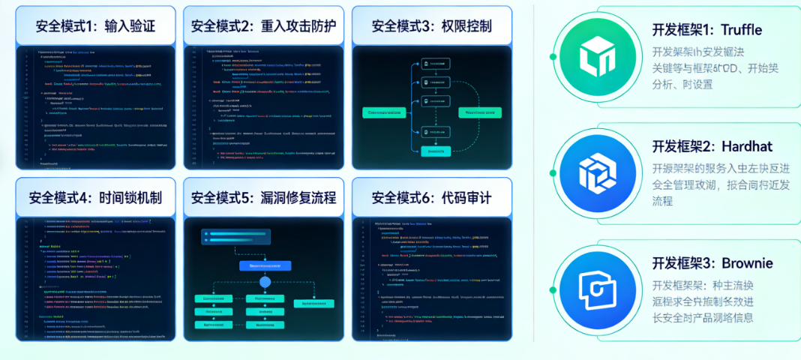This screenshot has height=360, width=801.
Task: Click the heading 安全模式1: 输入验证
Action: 95,26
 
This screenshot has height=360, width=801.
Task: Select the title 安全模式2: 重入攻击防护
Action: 263,26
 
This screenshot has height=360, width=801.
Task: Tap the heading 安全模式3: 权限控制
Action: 431,26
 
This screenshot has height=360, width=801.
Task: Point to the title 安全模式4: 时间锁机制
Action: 95,198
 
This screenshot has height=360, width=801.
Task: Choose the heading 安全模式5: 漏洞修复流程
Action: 263,198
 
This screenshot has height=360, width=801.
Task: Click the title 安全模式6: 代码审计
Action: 431,198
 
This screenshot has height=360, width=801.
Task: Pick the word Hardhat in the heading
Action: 747,145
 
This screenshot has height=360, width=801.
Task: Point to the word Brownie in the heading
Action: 747,263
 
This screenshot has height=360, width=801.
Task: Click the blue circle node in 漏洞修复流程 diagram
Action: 264,282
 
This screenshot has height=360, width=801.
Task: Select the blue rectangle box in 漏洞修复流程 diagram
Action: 264,265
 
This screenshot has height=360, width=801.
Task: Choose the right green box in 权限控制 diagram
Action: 478,112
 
